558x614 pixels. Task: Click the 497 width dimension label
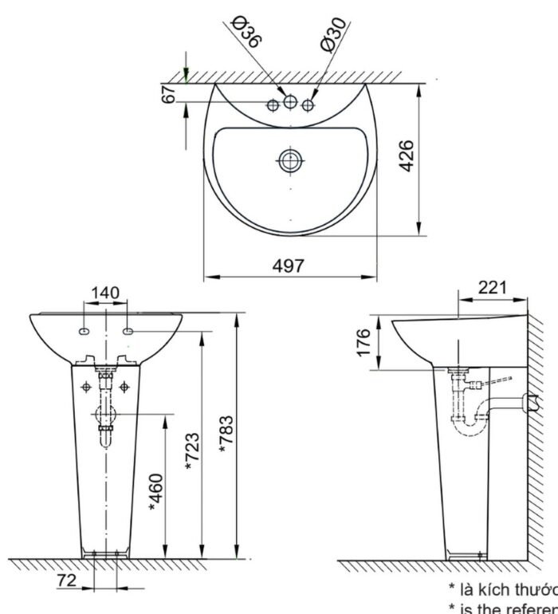(289, 266)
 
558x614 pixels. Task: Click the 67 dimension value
(168, 93)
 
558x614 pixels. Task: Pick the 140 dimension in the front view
(105, 293)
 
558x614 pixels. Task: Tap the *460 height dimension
(155, 494)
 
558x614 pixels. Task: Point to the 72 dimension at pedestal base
(67, 581)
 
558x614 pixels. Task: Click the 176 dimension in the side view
(364, 344)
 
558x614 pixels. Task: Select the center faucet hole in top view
(290, 101)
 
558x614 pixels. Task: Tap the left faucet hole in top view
(273, 105)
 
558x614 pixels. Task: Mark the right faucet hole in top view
(308, 105)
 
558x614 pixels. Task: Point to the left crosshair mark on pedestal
(86, 386)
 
